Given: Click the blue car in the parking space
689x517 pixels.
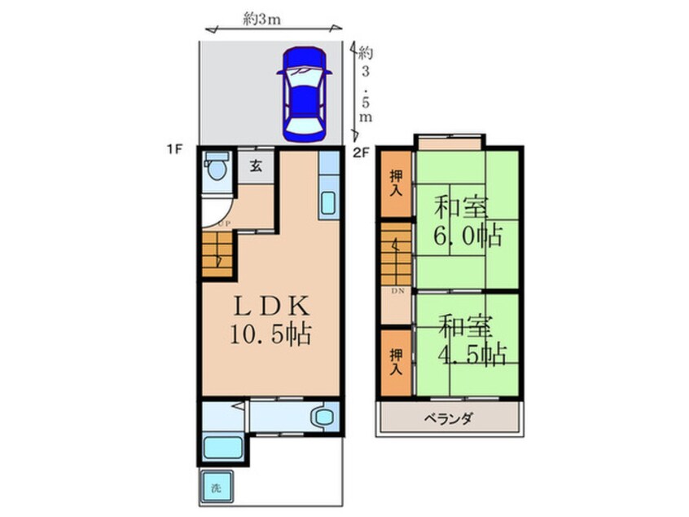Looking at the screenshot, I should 303,93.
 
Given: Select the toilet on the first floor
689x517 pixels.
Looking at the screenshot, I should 217,170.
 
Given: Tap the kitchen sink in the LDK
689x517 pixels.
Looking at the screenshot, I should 327,201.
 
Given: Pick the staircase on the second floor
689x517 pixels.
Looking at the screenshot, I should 397,253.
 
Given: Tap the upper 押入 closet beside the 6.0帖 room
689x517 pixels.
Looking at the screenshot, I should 397,183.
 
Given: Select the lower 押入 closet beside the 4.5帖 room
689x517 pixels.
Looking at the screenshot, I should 397,361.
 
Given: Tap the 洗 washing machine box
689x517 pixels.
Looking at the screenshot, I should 216,489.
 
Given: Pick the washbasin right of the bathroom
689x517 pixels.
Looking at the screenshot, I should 323,418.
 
